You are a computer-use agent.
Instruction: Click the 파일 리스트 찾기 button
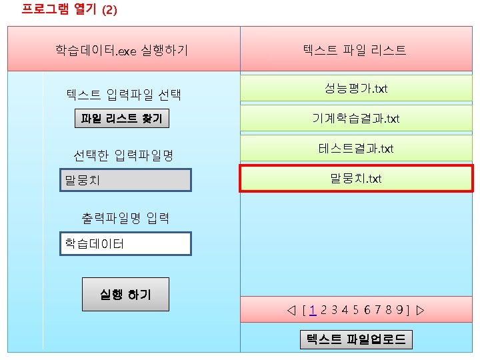[x=121, y=119]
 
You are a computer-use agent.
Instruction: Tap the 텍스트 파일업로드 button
[x=355, y=339]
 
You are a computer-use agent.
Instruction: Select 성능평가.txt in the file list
[x=356, y=89]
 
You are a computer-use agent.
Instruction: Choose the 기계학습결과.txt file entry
[x=356, y=119]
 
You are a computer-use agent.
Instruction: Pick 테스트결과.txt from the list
[x=356, y=148]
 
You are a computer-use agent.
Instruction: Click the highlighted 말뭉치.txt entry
[x=356, y=178]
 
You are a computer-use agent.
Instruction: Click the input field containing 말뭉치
[x=126, y=180]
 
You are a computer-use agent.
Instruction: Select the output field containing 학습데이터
[x=126, y=243]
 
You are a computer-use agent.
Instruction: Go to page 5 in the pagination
[x=356, y=310]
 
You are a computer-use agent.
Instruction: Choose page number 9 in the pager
[x=398, y=310]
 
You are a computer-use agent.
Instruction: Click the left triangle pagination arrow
[x=290, y=310]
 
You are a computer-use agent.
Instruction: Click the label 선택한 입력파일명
[x=123, y=156]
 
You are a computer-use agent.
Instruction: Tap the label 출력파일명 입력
[x=125, y=217]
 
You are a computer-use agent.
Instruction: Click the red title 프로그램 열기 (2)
[x=60, y=10]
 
